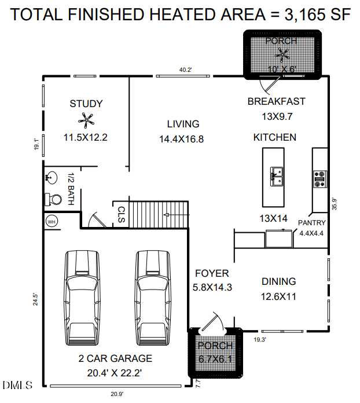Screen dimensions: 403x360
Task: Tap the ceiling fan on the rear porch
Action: coord(283,55)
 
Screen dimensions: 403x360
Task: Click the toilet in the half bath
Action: coord(53,200)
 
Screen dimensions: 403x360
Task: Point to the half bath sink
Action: coord(50,178)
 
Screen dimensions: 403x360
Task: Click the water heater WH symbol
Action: coord(51,222)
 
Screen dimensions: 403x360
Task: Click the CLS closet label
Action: coord(121,215)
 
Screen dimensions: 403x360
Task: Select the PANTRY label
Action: coord(312,223)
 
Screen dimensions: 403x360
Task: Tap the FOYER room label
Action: coord(211,273)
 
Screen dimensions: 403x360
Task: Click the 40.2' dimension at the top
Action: coord(185,70)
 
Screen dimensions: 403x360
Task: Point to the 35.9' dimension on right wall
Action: coord(334,204)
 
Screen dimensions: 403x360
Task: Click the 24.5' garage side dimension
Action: coord(36,299)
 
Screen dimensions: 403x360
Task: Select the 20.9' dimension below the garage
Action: coord(117,394)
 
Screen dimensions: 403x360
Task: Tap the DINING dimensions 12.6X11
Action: coord(279,297)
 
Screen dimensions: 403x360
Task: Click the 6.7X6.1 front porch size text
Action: coord(215,358)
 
